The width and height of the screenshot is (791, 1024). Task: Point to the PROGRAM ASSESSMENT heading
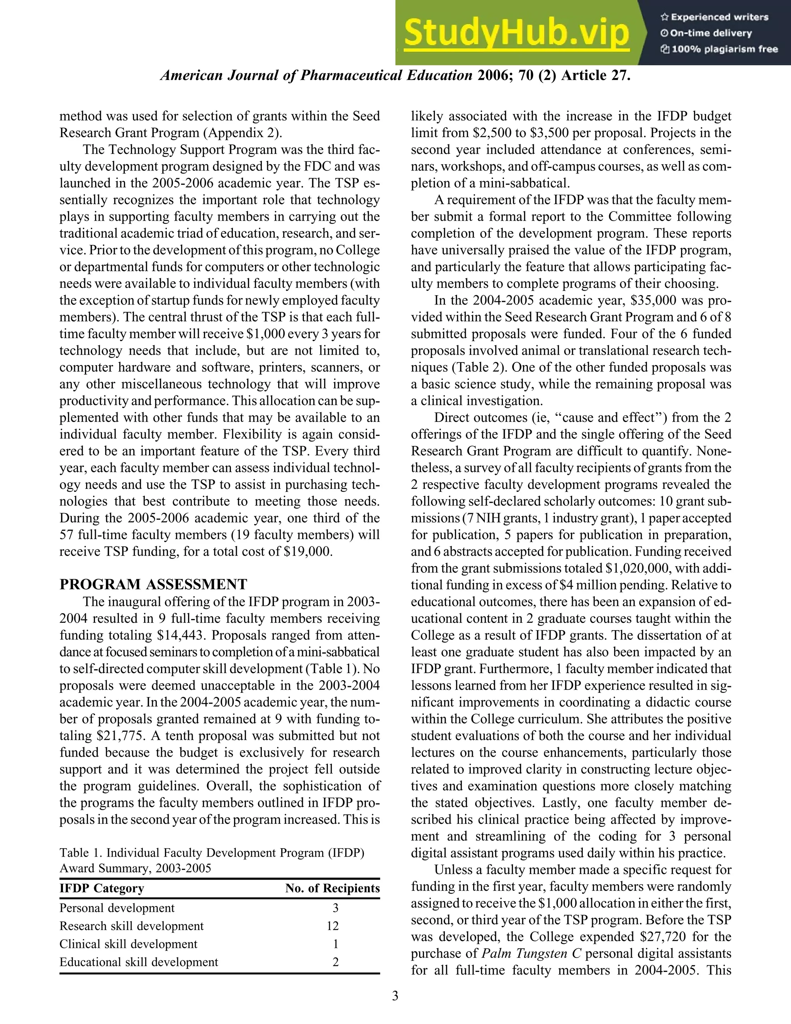(153, 584)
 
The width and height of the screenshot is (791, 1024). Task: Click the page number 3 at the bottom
(395, 996)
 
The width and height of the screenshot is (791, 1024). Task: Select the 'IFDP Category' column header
(102, 888)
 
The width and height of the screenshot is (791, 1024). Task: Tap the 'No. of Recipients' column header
(332, 888)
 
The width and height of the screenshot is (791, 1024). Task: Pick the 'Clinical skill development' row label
(128, 944)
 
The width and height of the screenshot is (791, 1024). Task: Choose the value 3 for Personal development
(335, 908)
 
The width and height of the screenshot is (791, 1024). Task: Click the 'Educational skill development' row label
(139, 962)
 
